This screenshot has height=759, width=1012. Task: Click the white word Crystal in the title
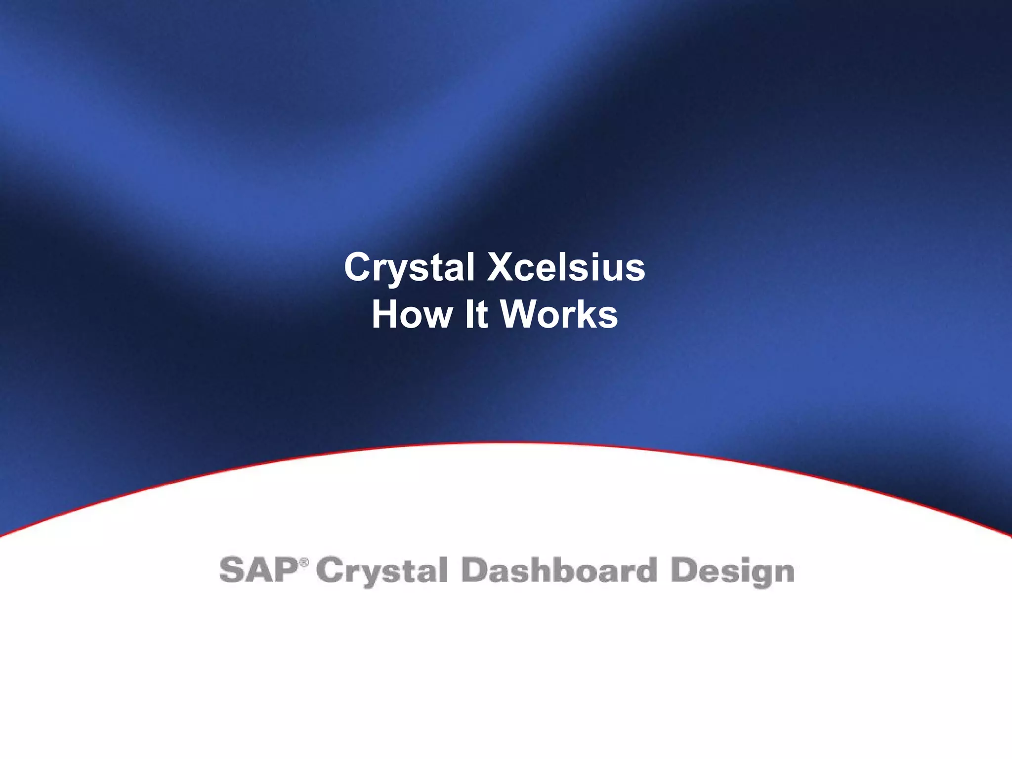409,267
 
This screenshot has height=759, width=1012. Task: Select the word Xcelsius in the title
566,267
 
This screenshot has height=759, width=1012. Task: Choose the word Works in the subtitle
559,314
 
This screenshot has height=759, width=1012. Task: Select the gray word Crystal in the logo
381,571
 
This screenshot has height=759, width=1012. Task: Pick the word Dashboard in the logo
559,570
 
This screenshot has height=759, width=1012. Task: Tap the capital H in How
386,314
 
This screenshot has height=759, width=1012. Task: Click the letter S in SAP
232,570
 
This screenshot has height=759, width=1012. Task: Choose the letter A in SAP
259,570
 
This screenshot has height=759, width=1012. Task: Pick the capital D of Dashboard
475,570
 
